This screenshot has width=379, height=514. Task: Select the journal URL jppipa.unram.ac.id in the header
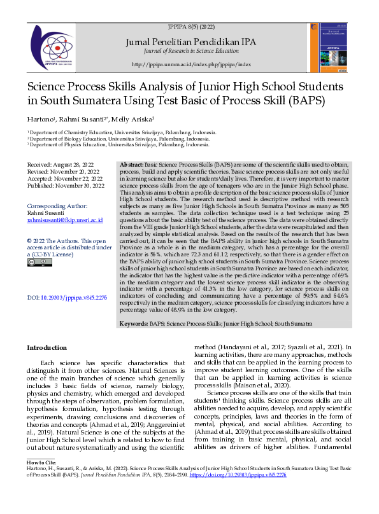pos(191,65)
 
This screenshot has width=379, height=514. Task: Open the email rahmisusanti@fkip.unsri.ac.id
pos(66,221)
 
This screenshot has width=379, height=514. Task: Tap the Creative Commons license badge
pos(36,262)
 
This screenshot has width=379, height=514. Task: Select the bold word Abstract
pos(132,164)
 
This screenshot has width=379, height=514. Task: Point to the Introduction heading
pos(46,347)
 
